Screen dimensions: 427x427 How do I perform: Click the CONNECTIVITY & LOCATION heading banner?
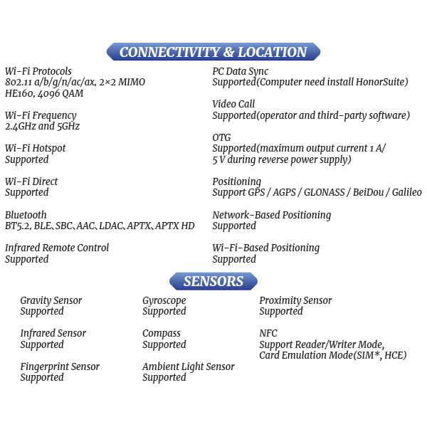[x=213, y=52]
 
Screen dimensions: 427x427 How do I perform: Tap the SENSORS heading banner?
[x=213, y=281]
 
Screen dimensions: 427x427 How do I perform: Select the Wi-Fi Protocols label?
[x=38, y=71]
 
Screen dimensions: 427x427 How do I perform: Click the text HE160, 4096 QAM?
[x=43, y=93]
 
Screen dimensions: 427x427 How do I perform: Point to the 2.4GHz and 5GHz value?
[x=42, y=126]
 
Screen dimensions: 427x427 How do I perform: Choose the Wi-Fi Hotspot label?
[x=36, y=148]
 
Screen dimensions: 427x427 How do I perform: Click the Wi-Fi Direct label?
[x=31, y=181]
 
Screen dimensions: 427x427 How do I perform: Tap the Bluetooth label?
[x=26, y=214]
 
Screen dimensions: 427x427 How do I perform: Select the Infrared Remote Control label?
[x=57, y=248]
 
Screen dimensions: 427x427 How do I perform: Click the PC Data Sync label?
[x=241, y=71]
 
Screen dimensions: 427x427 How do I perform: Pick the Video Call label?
[x=233, y=104]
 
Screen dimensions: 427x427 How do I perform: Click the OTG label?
[x=221, y=137]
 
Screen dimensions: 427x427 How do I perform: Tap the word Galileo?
[x=404, y=192]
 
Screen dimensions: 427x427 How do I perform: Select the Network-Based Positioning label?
[x=271, y=214]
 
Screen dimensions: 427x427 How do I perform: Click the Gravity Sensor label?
[x=51, y=300]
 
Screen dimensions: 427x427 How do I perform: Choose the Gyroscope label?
[x=164, y=300]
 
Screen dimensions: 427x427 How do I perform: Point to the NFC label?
[x=268, y=333]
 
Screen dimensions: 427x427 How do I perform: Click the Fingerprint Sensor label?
[x=60, y=367]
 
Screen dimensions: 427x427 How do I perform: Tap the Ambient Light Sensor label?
[x=189, y=367]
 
